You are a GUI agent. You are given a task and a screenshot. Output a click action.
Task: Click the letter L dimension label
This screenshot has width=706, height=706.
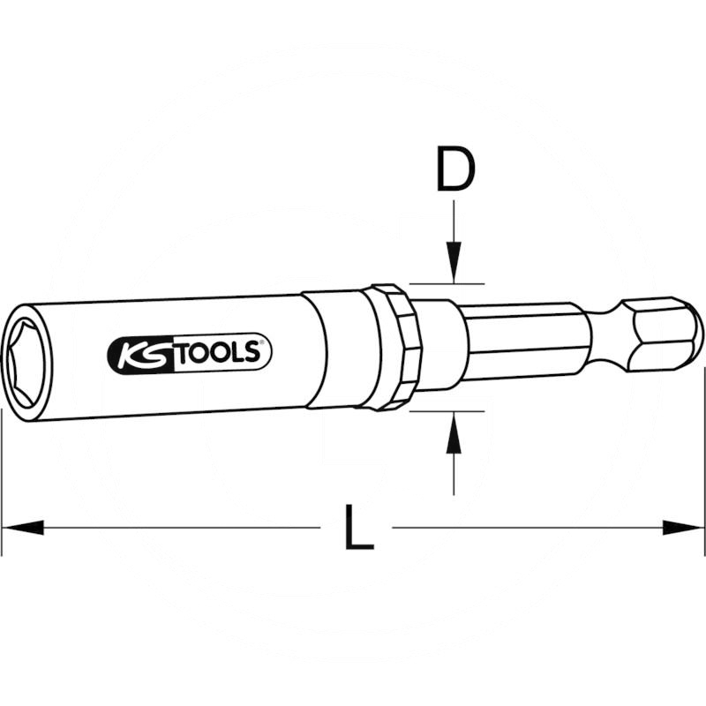point(357,528)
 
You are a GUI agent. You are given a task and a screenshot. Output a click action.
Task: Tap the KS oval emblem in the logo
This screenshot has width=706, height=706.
point(131,354)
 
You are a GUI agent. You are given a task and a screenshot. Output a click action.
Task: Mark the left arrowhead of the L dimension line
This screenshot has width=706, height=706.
point(22,528)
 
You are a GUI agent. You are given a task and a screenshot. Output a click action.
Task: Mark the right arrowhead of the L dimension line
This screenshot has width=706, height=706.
point(684,528)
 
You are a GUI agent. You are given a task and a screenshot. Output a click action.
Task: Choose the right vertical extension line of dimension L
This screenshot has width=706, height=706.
point(704,441)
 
